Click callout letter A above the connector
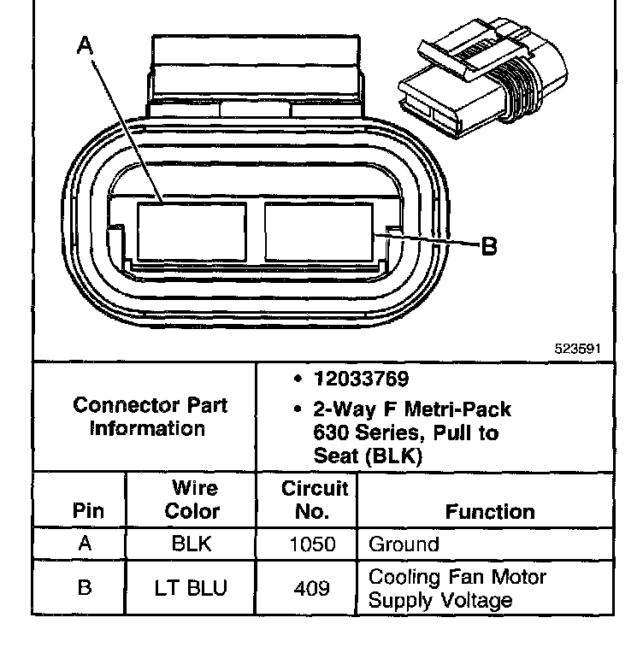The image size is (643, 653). coord(84,44)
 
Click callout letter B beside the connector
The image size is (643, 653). coord(489,246)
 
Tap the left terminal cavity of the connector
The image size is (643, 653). coord(192,231)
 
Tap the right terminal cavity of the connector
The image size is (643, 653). coord(318,231)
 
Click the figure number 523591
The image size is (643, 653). coord(579,349)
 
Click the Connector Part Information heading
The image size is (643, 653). coord(150,416)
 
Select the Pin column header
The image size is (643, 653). coord(88,511)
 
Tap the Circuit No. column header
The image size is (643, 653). coord(314,500)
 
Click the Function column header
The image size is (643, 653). coord(490,511)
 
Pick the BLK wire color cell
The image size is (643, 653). coord(192,544)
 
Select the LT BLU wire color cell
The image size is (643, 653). coord(192,589)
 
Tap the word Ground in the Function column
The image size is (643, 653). coord(404,544)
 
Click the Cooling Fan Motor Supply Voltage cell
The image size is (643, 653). coord(457,589)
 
